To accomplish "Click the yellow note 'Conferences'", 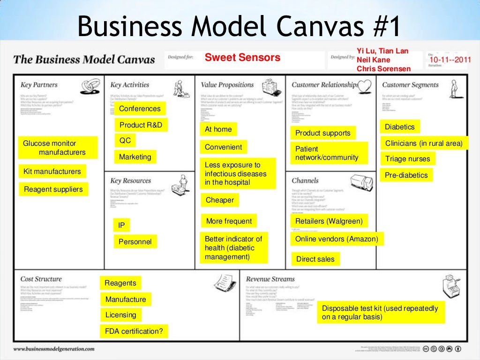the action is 140,109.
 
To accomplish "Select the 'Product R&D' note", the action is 141,125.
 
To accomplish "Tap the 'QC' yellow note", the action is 125,140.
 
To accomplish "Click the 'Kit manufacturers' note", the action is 52,172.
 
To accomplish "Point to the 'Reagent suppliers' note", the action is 53,189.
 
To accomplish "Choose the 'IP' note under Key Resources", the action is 121,225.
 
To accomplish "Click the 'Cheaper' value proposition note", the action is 220,200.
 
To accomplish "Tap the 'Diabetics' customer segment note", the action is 400,127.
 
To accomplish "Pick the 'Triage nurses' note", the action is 407,159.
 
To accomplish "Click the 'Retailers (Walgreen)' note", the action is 329,221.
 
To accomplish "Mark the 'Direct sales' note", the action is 315,258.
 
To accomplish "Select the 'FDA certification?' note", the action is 134,331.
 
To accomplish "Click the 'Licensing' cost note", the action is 121,315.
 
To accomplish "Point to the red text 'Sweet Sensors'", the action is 242,58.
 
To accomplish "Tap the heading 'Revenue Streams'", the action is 270,279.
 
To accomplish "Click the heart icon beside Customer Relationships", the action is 365,85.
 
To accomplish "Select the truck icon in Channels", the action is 361,182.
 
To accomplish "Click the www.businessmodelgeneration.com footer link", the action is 53,349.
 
